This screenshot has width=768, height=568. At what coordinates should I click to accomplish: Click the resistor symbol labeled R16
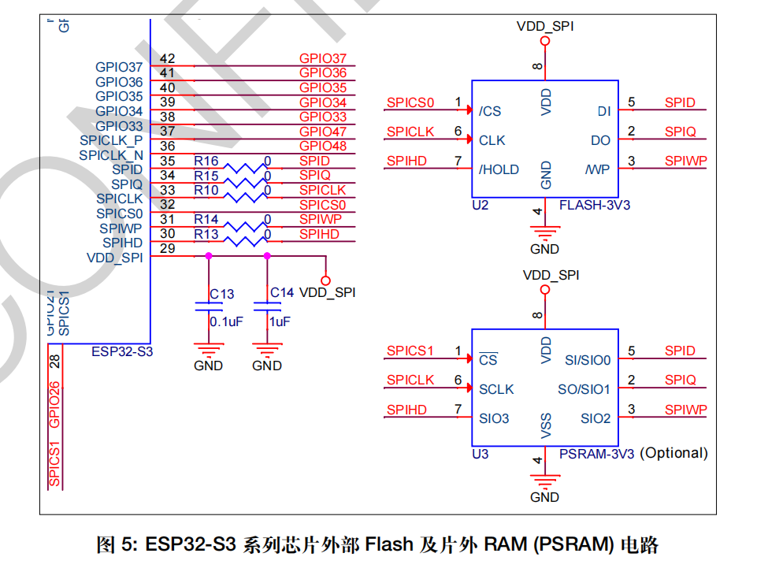coord(243,167)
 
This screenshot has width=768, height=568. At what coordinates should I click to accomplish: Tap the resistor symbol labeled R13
coord(243,240)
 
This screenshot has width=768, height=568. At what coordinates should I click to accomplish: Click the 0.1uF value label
coord(226,321)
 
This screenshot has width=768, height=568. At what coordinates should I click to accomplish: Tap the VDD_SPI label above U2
coord(545,26)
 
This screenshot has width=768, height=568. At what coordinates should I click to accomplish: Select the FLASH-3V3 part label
coord(595,206)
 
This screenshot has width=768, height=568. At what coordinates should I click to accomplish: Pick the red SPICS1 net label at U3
coord(410,351)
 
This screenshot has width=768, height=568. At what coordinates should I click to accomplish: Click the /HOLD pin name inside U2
coord(499,169)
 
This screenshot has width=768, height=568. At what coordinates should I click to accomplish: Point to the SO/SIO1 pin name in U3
coord(583,389)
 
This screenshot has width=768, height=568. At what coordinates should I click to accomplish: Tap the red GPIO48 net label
coord(323,147)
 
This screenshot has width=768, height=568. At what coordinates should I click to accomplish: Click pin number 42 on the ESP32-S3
coord(167,58)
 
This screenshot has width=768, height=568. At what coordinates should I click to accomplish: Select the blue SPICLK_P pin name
coord(111,140)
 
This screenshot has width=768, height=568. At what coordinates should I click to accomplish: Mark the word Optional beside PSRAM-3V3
coord(673,454)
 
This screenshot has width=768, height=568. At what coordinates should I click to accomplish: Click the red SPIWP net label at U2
coord(685,161)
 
